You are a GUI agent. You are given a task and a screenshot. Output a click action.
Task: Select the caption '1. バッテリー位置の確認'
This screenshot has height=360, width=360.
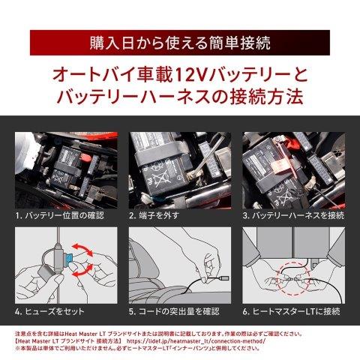point(61,215)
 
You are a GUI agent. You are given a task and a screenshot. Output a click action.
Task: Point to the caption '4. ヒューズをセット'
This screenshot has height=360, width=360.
point(52,310)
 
